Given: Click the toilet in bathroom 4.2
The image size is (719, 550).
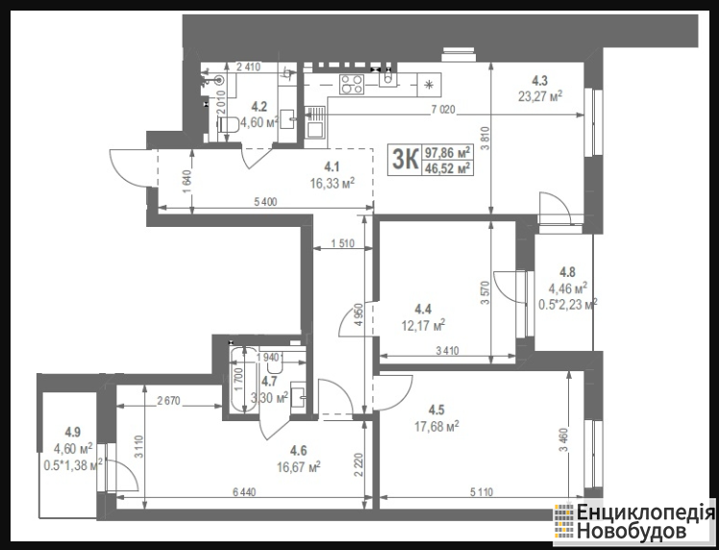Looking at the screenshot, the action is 228,125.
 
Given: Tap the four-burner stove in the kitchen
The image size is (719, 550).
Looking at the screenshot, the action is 352,85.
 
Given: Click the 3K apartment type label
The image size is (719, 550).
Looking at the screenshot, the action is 405,160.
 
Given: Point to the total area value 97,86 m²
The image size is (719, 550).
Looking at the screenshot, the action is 448,152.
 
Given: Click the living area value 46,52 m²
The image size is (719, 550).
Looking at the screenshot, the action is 448,168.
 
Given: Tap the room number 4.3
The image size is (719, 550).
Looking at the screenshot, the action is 539,81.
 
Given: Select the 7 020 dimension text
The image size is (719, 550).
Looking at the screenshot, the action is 442,110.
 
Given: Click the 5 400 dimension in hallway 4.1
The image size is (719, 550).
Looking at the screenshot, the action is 264,202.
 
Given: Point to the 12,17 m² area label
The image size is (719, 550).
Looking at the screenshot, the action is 423,325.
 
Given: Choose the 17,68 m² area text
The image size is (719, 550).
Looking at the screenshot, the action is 436,427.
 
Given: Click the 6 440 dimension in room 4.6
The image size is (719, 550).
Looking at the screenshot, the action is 244,492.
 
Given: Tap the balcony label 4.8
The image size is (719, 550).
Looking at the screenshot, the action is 567,272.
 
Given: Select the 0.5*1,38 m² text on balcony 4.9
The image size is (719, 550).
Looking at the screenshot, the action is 72,465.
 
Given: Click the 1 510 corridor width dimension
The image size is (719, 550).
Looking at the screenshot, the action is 342,243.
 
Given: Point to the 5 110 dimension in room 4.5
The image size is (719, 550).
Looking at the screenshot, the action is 481,492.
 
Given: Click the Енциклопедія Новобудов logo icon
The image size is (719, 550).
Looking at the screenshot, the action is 564,521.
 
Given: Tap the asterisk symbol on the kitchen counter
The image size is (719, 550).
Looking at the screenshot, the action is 429,85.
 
